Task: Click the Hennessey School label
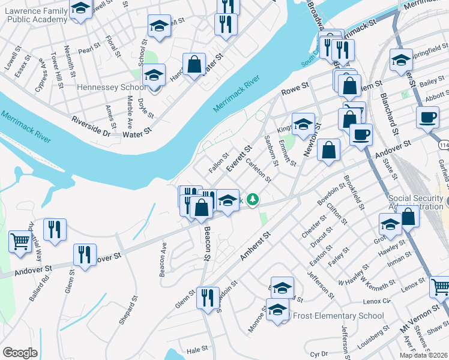[112, 88]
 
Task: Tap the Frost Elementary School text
[336, 316]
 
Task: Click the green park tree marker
[254, 199]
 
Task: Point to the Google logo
[20, 353]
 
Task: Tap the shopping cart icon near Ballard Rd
[20, 242]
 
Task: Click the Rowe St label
[295, 92]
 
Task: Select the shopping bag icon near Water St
[194, 64]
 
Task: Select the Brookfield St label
[355, 192]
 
